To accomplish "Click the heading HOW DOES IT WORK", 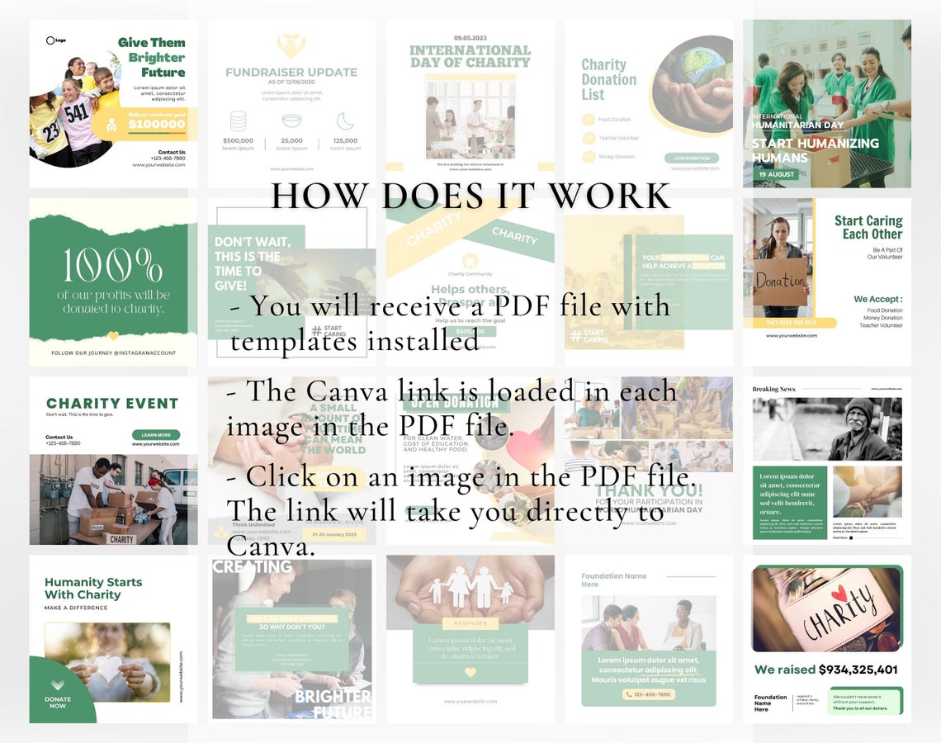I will point(470,196).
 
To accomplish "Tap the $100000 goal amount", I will point(157,125).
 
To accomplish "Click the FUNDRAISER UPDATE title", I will point(291,73).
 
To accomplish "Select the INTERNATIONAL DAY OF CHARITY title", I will point(470,56).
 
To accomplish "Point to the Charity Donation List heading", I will point(609,79).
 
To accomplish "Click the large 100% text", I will point(113,265).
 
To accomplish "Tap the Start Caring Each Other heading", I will point(868,227).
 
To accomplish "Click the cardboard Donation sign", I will point(780,281).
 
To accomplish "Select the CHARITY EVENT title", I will point(112,404).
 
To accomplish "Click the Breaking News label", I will point(773,389).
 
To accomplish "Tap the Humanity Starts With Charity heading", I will point(93,588).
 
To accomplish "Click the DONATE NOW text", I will point(58,703).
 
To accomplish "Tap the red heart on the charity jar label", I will point(839,593).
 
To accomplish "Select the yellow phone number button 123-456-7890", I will point(649,694).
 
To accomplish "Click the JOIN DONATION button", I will point(691,158).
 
